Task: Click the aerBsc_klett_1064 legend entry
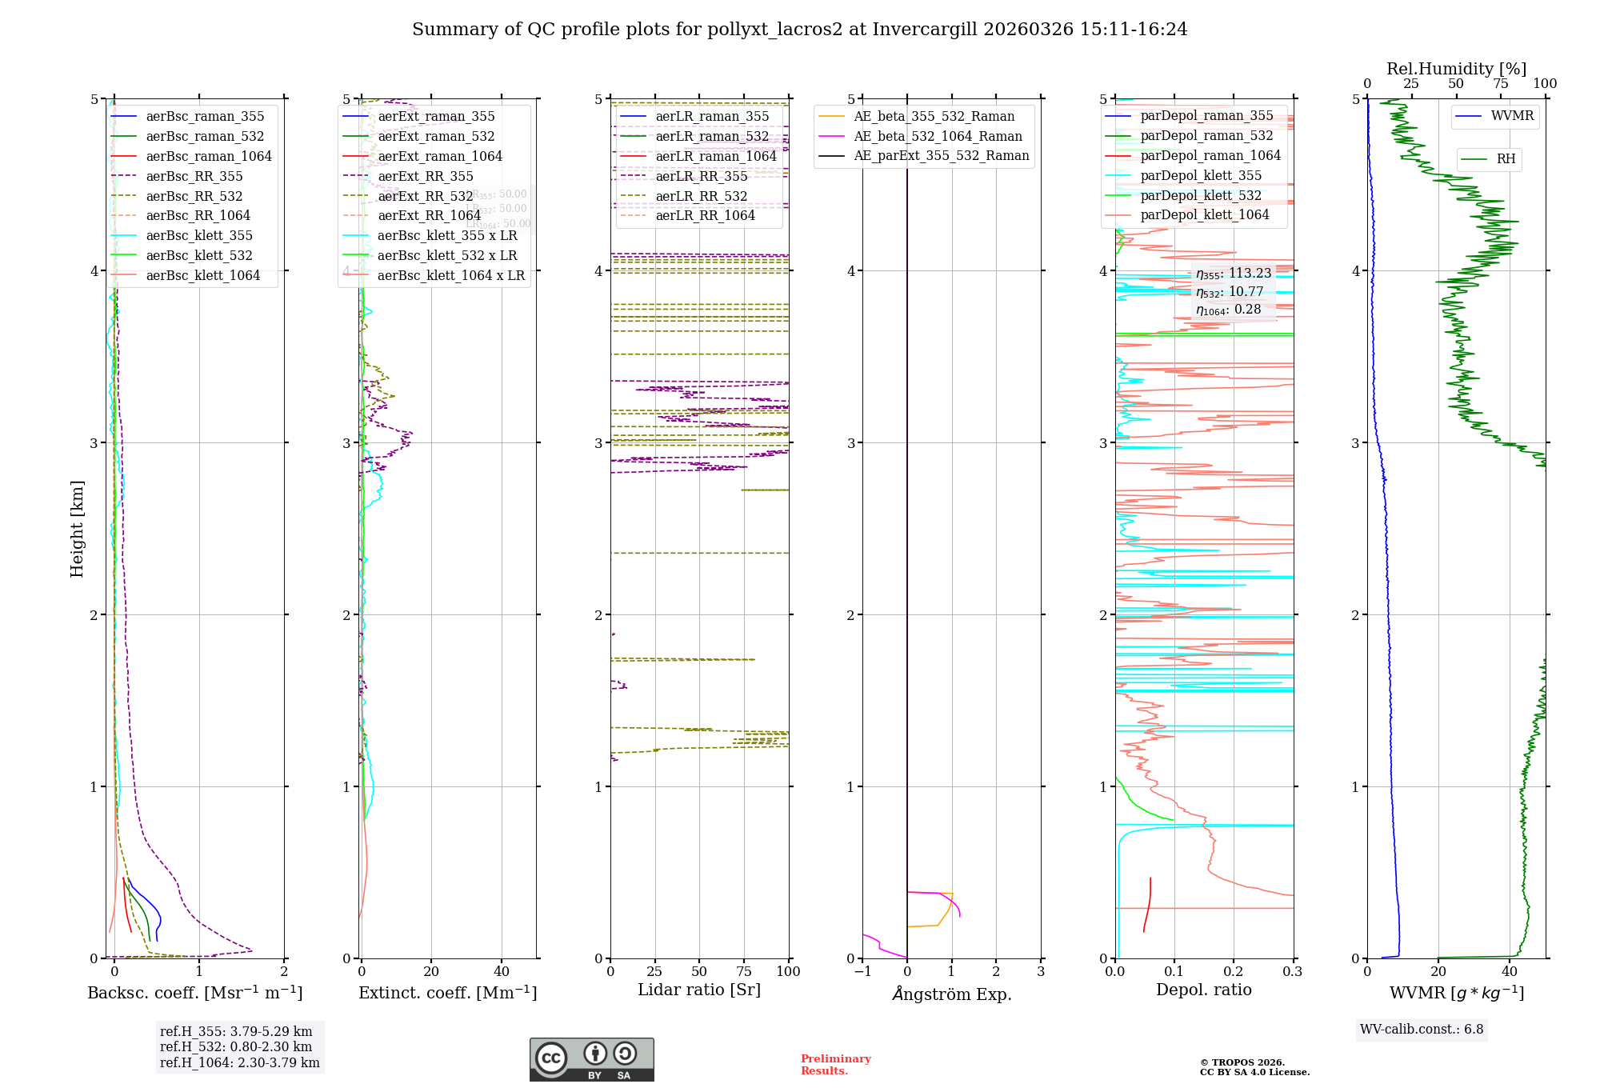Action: point(202,275)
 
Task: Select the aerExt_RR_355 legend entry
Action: point(425,176)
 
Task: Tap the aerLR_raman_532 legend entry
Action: point(712,136)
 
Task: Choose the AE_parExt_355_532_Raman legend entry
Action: point(941,155)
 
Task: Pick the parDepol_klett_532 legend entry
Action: point(1201,195)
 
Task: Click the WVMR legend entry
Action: point(1512,116)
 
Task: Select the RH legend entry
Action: point(1506,159)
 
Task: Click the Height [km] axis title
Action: point(77,529)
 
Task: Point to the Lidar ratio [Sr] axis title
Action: point(699,990)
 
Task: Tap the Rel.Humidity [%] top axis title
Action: point(1456,69)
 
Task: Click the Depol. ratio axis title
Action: point(1203,990)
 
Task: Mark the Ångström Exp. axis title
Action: point(952,994)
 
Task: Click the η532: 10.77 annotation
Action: point(1230,292)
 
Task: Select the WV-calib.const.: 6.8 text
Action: point(1422,1030)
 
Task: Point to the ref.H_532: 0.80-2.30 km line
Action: point(236,1046)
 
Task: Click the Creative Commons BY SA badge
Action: point(591,1059)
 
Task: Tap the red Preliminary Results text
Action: point(835,1065)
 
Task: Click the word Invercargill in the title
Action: point(925,30)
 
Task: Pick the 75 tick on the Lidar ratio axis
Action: point(744,971)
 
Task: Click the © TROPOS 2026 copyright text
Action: point(1242,1062)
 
